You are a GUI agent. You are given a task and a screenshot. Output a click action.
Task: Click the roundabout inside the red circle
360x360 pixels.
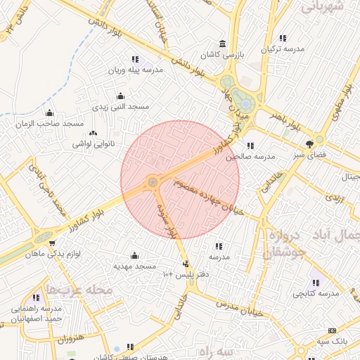point(151,183)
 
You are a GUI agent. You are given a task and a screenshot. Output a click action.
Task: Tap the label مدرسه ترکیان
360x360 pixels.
point(283,49)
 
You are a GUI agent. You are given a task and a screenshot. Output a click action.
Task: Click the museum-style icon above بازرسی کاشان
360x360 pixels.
point(223,43)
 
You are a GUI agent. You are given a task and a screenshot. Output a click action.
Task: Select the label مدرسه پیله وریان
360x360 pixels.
point(135,70)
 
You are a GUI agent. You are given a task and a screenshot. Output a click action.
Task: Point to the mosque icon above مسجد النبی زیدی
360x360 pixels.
point(120,96)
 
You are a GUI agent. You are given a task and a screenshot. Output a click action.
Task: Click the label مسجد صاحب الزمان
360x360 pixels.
point(49,124)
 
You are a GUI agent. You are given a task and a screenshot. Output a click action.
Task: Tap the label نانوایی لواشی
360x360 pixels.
point(91,144)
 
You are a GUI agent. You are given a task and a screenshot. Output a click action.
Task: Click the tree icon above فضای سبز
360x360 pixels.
point(310,142)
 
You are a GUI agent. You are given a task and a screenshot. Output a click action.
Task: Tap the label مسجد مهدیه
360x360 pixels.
point(135,267)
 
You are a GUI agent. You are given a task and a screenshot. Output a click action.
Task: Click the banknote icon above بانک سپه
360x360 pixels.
point(331,330)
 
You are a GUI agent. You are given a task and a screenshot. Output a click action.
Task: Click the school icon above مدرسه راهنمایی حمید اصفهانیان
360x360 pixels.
point(36,298)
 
